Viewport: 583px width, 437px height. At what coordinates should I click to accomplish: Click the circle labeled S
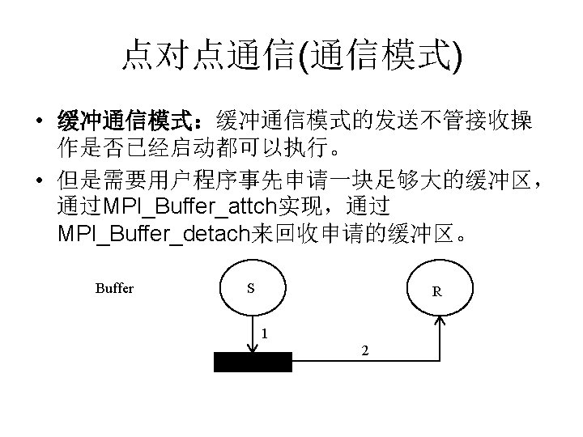[253, 287]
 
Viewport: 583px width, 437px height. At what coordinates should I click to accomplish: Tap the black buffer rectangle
[252, 362]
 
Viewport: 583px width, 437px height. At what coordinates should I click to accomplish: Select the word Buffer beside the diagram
[114, 288]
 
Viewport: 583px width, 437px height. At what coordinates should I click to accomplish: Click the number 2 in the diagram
[366, 350]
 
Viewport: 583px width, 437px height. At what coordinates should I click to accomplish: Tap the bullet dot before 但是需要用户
[39, 179]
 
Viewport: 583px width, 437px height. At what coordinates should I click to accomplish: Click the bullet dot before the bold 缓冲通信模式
[39, 124]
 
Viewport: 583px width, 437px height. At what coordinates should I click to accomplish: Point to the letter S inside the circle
[251, 288]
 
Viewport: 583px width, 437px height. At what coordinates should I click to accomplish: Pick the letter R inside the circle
[436, 292]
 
